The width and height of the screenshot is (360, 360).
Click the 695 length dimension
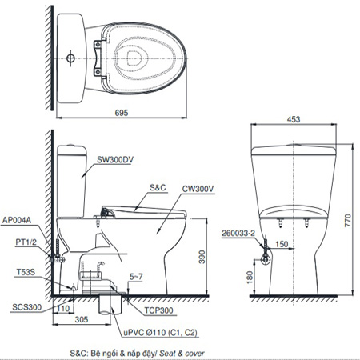122,113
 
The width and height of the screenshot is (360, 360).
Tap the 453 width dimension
294,119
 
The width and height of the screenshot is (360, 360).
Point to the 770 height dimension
348,220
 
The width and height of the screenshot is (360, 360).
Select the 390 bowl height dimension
202,257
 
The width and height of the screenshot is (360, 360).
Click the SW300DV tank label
115,159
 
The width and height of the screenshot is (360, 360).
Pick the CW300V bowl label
198,189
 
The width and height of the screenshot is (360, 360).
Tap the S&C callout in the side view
158,187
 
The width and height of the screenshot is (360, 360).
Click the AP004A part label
17,220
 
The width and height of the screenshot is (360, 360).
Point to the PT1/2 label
26,242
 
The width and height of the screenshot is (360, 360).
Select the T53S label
26,272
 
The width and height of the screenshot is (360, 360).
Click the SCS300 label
27,307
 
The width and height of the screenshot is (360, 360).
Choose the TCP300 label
158,310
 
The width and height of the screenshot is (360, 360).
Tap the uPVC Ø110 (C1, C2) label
160,333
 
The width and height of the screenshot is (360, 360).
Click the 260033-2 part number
238,234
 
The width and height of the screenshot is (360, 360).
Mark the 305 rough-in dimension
82,319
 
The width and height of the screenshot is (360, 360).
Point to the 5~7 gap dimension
136,277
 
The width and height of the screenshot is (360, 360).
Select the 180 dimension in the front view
250,278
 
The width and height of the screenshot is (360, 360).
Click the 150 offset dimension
282,244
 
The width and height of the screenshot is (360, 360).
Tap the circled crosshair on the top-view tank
70,58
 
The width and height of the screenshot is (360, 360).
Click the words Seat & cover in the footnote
182,354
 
